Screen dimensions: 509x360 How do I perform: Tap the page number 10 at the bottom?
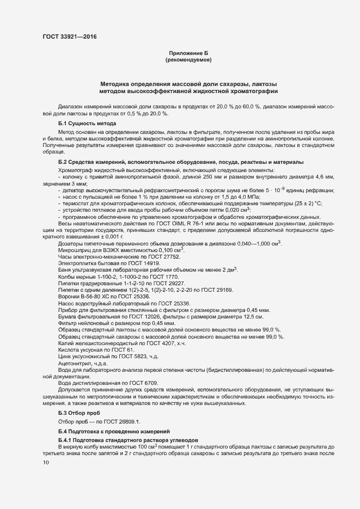(46, 463)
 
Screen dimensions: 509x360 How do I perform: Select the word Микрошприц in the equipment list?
(75, 250)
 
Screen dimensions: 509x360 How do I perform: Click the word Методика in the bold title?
(118, 84)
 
